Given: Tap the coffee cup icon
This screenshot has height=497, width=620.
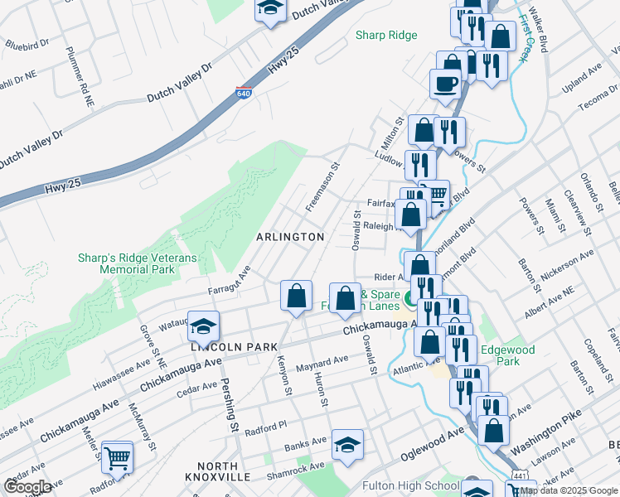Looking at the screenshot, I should tap(444, 83).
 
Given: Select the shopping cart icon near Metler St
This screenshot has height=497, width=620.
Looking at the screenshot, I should tap(118, 456).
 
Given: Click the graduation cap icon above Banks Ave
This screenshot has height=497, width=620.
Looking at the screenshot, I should tap(347, 444).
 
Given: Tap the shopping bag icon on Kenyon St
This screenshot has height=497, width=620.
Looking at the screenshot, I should tap(296, 296).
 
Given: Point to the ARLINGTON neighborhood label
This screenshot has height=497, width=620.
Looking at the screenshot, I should tap(290, 237).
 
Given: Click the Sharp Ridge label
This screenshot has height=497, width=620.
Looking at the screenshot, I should tap(386, 35).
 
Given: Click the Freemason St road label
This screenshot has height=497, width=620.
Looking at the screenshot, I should tap(322, 186).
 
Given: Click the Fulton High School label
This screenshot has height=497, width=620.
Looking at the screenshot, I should tap(411, 485).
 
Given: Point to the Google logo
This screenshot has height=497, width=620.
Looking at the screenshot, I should tap(27, 487).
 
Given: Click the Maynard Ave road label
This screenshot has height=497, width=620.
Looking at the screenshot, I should tap(323, 361).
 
